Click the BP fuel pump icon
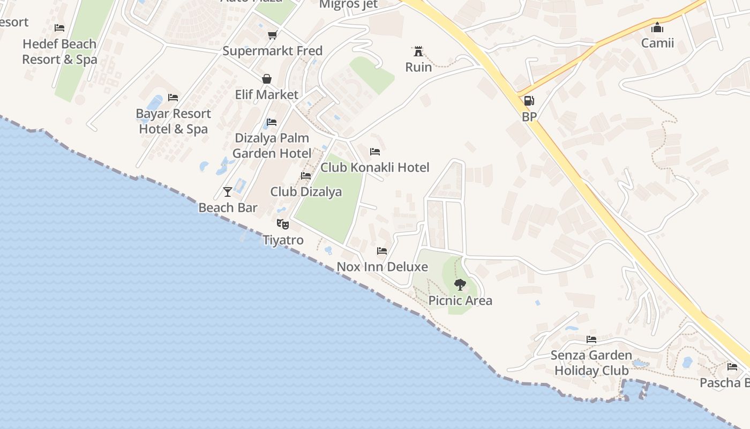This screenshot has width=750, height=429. [x=529, y=101]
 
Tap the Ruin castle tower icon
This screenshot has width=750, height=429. [x=418, y=51]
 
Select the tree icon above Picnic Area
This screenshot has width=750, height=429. [x=460, y=285]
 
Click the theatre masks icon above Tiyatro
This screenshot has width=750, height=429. [x=283, y=224]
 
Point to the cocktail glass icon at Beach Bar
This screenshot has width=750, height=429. [x=228, y=191]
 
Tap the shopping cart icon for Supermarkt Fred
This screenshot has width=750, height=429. [x=272, y=35]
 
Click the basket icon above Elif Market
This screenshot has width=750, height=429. [x=266, y=79]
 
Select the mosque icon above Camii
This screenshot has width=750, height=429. [x=657, y=27]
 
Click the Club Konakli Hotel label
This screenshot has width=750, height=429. [x=375, y=167]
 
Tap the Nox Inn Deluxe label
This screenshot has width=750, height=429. [x=382, y=267]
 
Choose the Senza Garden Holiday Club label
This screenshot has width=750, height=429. [x=591, y=363]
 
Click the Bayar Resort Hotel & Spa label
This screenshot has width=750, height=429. [x=174, y=121]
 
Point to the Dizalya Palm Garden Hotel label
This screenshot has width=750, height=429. [x=272, y=145]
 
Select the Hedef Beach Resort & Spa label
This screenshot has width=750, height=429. [x=59, y=51]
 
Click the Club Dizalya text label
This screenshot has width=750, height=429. [x=306, y=191]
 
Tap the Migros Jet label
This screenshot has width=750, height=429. [x=348, y=4]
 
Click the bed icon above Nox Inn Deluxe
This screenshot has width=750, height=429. [x=382, y=250]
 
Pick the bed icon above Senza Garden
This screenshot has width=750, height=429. [x=591, y=339]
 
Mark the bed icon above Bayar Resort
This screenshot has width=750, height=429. [x=173, y=97]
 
